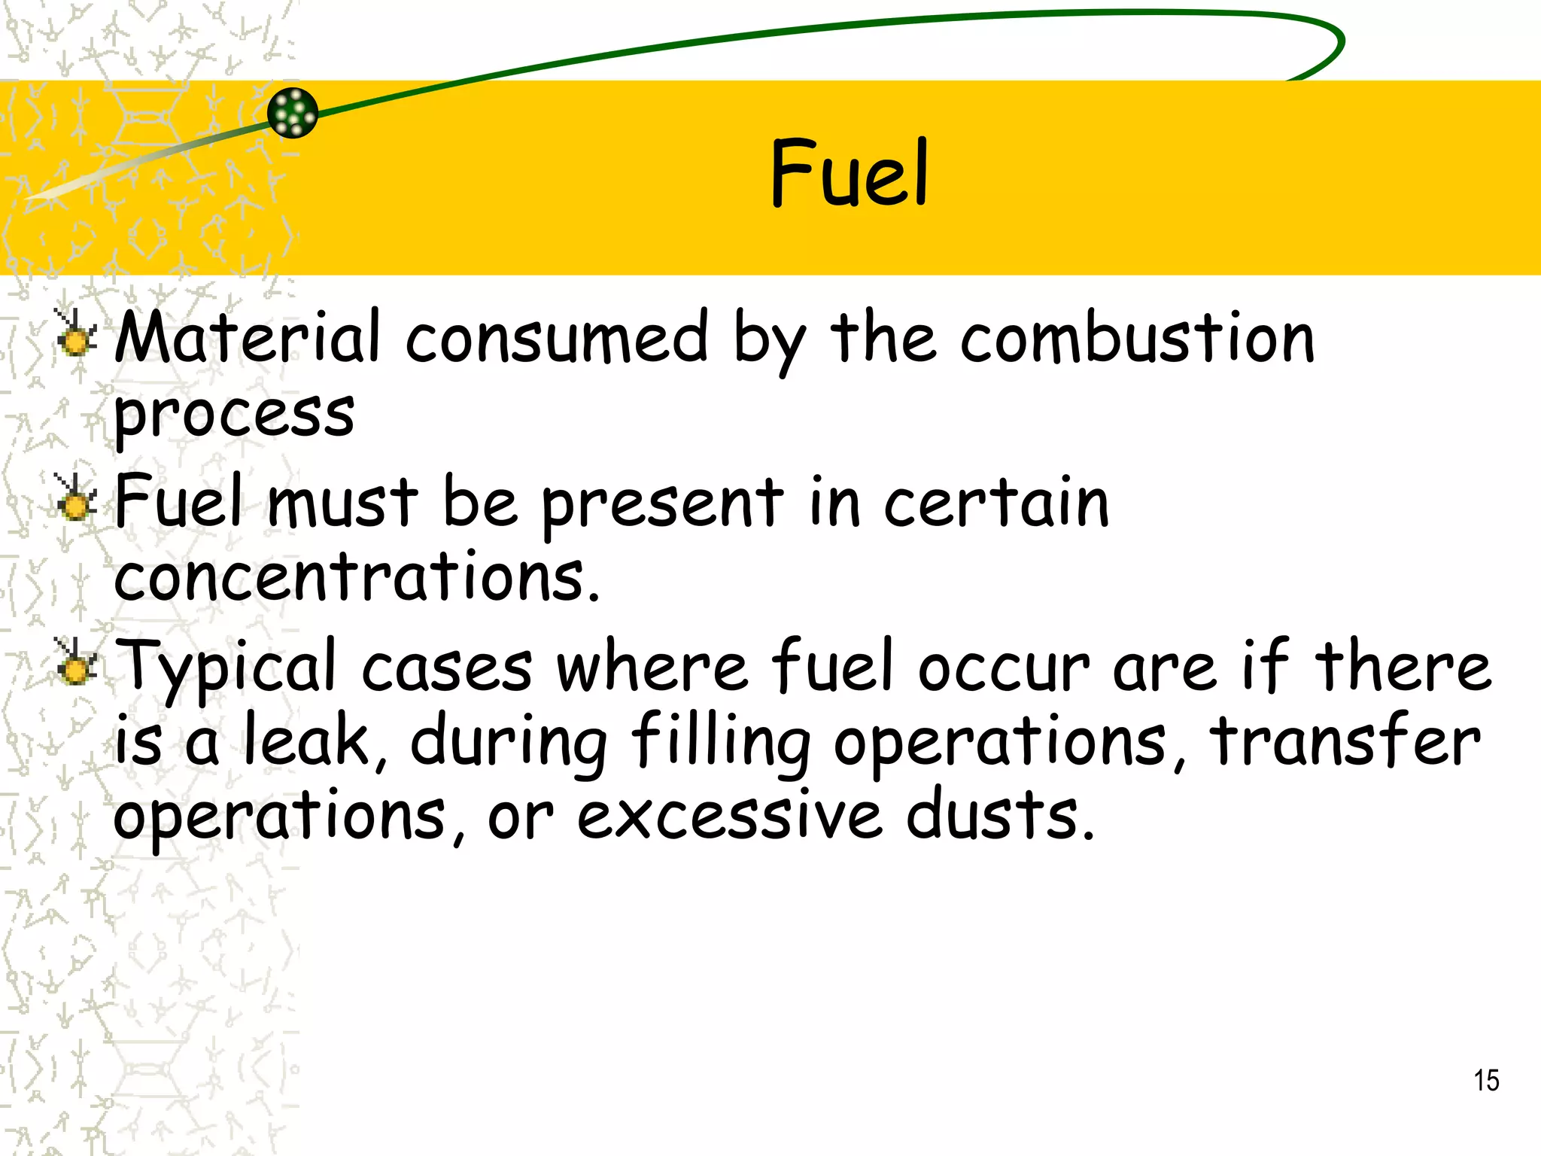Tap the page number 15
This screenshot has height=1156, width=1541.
(1486, 1081)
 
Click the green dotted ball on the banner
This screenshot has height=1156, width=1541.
(293, 113)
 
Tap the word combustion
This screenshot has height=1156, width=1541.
(1137, 338)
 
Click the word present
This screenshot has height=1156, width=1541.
(662, 503)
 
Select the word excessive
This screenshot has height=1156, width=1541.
(729, 816)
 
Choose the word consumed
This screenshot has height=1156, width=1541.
(557, 338)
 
